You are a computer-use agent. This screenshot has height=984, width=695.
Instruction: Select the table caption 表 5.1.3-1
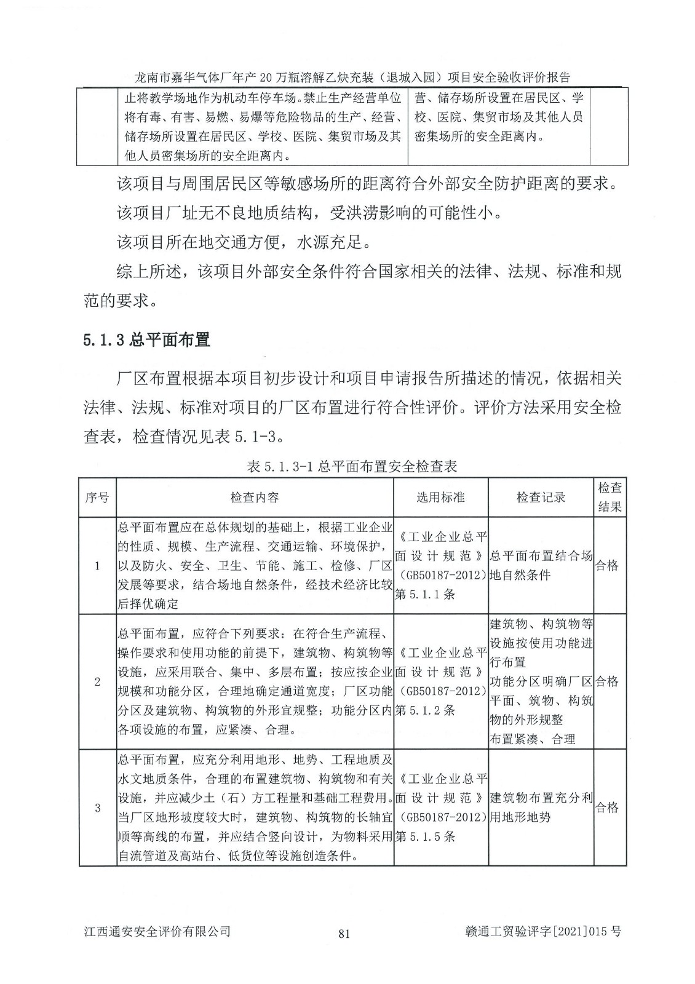(352, 466)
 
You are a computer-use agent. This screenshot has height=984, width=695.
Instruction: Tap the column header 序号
(97, 497)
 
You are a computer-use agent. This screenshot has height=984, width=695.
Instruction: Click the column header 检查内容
(255, 497)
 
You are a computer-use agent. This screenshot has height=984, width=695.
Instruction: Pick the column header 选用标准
(440, 497)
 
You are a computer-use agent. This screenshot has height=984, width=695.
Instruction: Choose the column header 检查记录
(541, 497)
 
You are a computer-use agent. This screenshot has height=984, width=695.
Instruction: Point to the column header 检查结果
(610, 497)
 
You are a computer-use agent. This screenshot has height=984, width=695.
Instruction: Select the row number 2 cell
(97, 681)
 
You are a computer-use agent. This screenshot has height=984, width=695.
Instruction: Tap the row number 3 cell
(97, 807)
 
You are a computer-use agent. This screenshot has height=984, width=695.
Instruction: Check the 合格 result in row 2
(607, 681)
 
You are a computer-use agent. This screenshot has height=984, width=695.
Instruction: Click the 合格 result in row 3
(607, 807)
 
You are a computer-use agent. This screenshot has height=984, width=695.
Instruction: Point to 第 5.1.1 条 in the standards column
(425, 594)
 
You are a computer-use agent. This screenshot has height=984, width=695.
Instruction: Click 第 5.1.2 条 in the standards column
(425, 710)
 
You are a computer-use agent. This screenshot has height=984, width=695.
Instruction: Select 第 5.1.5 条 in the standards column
(425, 836)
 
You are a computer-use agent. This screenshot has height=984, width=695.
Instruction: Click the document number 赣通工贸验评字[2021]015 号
(544, 932)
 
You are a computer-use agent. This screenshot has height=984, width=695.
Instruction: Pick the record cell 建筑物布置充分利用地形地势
(541, 807)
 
